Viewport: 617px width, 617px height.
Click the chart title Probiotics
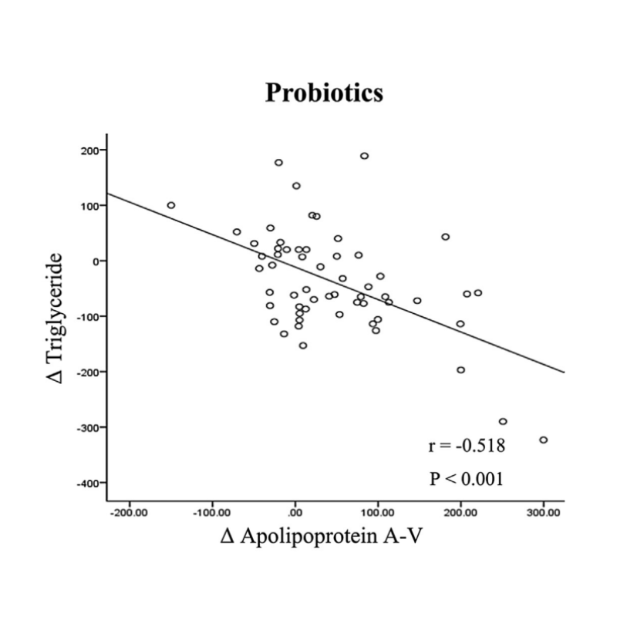tap(324, 93)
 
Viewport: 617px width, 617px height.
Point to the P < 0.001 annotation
tap(467, 479)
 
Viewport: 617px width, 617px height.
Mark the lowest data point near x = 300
tap(543, 440)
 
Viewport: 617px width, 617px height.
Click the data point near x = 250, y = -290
tap(503, 422)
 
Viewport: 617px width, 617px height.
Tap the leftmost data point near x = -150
tap(171, 205)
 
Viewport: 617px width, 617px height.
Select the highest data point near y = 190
tap(364, 156)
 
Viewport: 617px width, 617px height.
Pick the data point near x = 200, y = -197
tap(460, 370)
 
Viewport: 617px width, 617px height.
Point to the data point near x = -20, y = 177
tap(278, 163)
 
